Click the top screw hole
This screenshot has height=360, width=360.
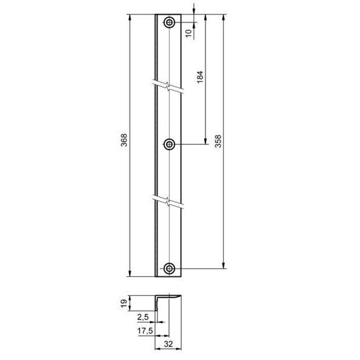(x=169, y=22)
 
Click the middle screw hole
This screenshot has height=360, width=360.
(x=169, y=144)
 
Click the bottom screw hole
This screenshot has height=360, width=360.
(x=169, y=268)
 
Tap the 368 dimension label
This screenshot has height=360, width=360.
(x=124, y=140)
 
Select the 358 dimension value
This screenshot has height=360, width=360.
(x=218, y=141)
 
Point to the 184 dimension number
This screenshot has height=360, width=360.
(x=200, y=77)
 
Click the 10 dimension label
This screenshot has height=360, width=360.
(x=188, y=33)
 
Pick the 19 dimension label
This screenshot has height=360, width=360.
(x=124, y=304)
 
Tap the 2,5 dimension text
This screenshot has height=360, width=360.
(x=143, y=317)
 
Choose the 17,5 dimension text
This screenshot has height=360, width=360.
(x=145, y=331)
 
